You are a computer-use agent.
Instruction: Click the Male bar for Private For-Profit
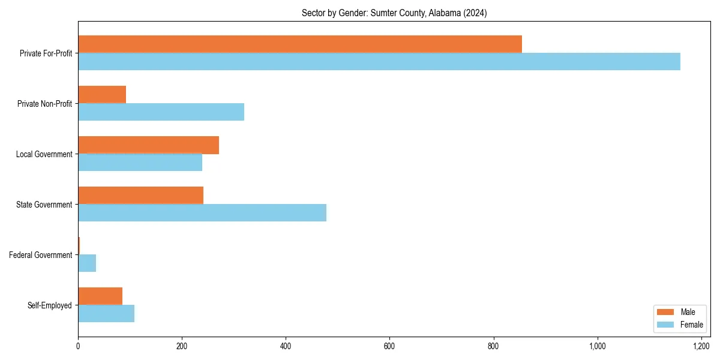point(300,44)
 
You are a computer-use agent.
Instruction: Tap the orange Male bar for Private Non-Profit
point(102,94)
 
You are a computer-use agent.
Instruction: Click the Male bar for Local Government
point(148,145)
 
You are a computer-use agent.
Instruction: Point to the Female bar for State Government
point(202,212)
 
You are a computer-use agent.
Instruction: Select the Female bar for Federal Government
point(87,263)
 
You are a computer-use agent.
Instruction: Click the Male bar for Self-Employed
point(100,296)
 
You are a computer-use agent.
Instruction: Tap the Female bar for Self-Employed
point(106,313)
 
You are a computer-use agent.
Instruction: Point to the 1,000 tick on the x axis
point(598,346)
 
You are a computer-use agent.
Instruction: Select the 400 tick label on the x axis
point(286,346)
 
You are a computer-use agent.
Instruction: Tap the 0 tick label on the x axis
point(78,346)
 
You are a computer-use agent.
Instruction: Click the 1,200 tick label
point(701,346)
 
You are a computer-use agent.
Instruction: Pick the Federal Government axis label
point(41,255)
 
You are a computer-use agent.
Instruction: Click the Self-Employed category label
point(50,305)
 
